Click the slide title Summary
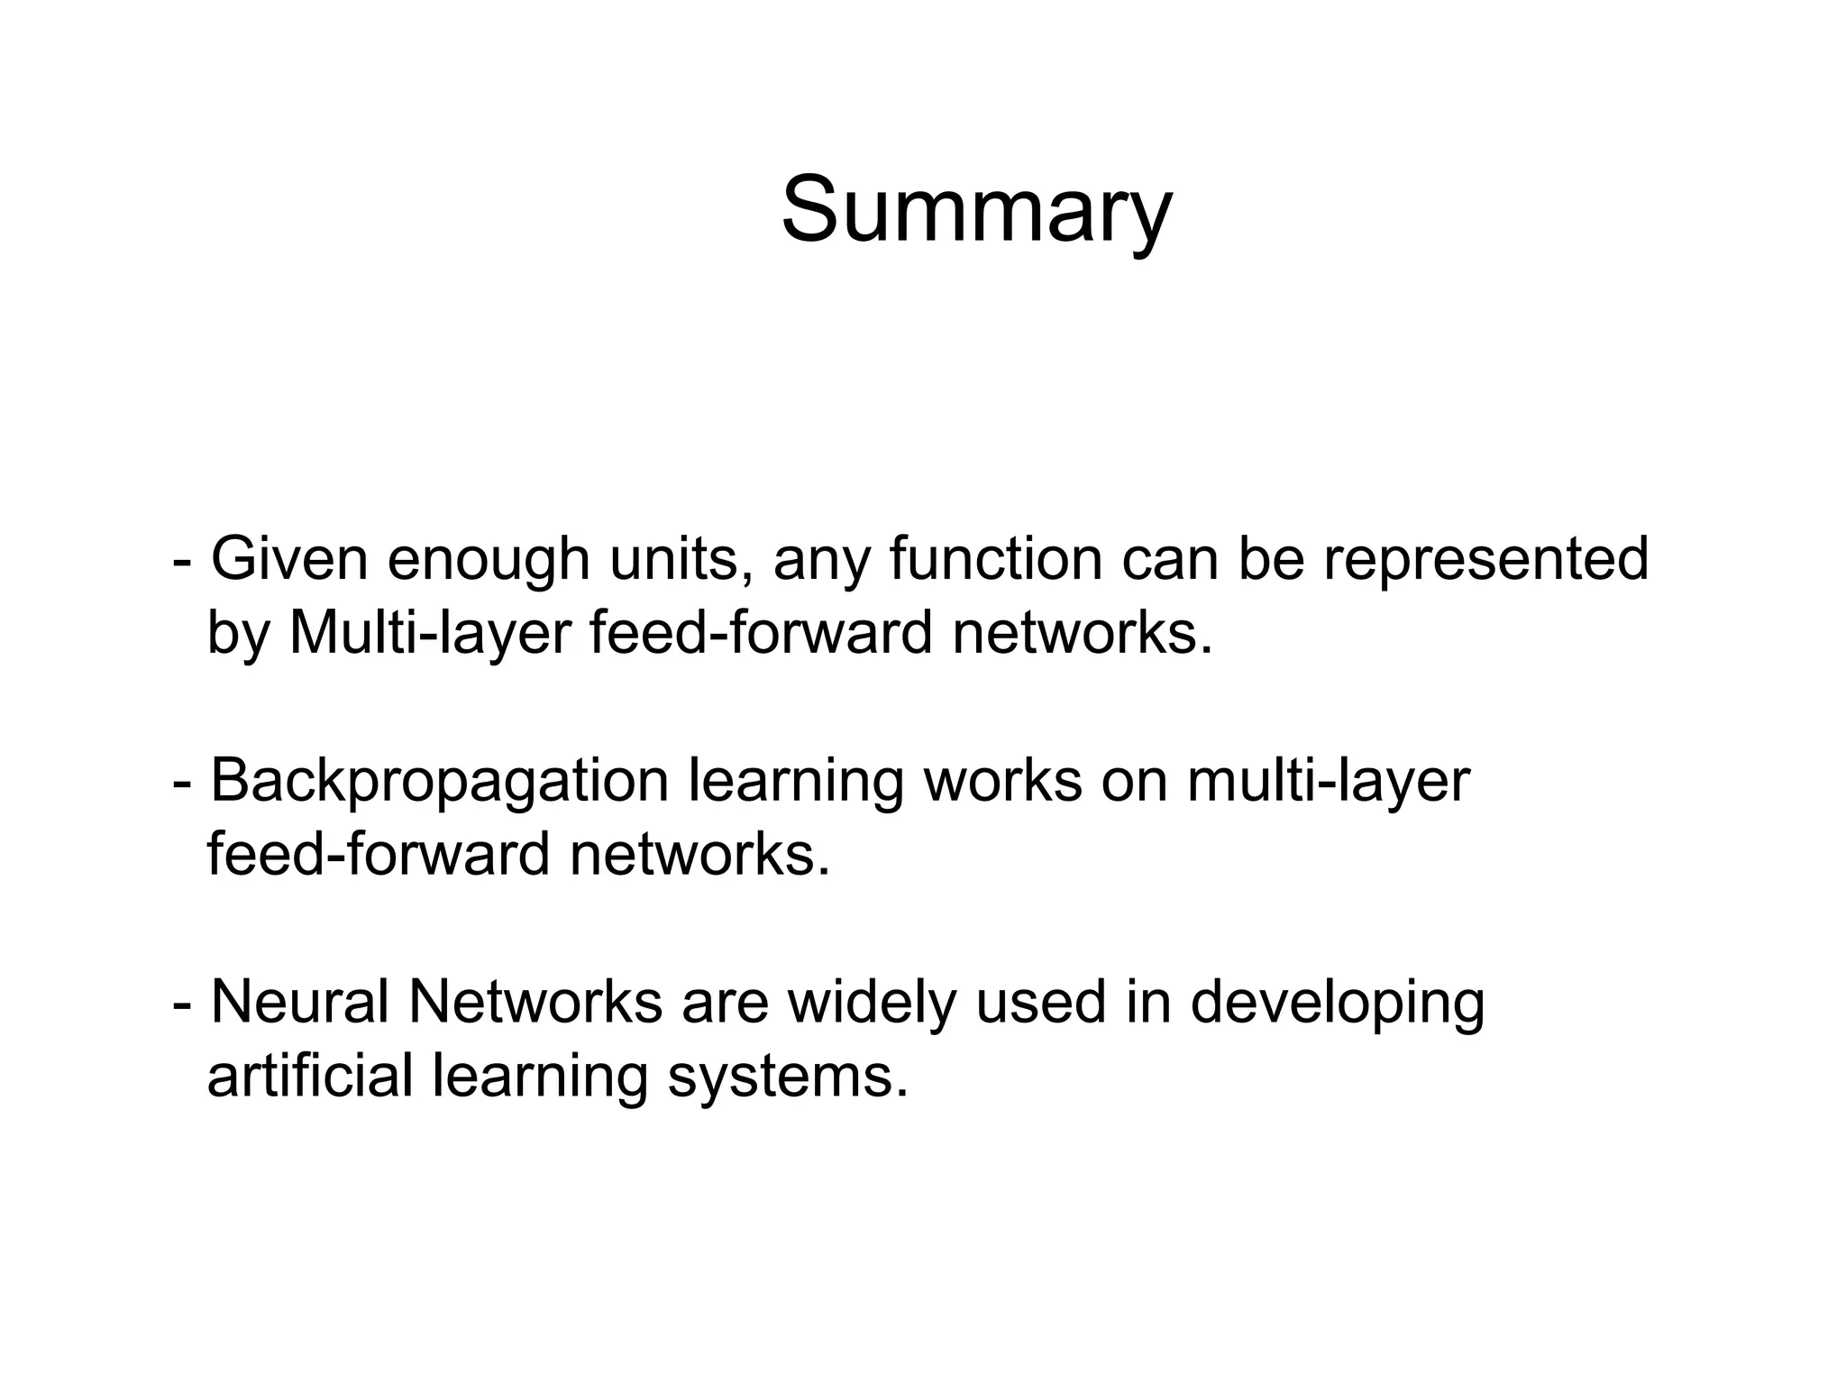[976, 211]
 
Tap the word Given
[289, 559]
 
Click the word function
[995, 559]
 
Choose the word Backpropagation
[439, 781]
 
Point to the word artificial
[309, 1076]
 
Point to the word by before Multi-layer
[238, 634]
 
